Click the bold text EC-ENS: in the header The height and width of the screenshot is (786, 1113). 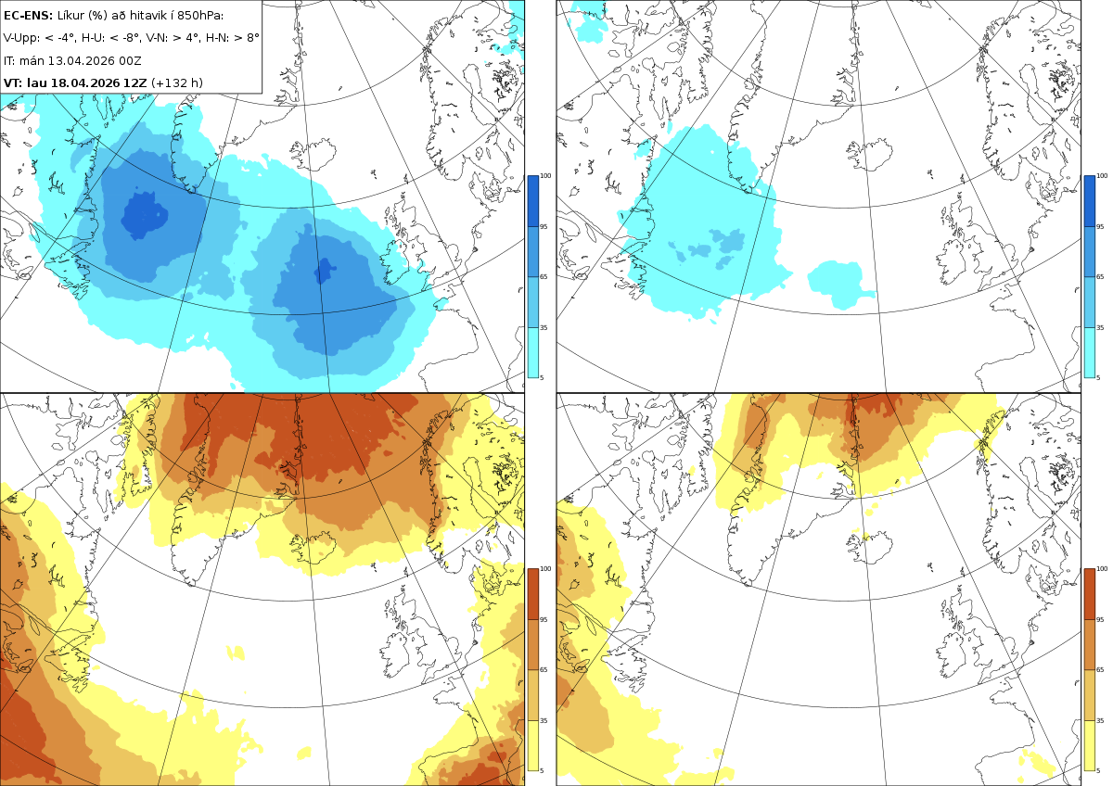(x=28, y=16)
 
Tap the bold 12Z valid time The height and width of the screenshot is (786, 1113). (x=135, y=82)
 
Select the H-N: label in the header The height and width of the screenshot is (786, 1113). (x=218, y=38)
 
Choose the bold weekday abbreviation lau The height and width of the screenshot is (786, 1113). (x=37, y=82)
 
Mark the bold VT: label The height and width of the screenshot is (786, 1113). (x=13, y=82)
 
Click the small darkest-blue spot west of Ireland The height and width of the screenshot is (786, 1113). (x=324, y=271)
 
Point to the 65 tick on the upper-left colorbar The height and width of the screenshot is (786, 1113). (x=544, y=276)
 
